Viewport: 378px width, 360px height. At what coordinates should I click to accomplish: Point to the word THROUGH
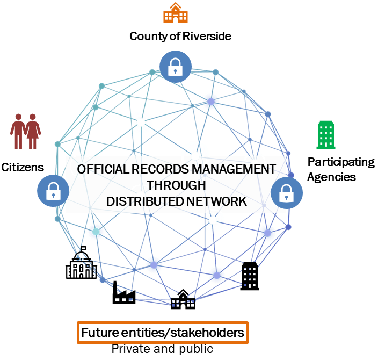[176, 185]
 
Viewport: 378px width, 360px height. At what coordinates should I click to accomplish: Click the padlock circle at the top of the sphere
[175, 67]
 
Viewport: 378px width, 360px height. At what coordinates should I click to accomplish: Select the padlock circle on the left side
[53, 191]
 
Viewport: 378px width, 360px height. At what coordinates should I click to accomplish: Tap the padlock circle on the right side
[286, 192]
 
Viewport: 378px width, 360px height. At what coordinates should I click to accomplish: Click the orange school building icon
[176, 13]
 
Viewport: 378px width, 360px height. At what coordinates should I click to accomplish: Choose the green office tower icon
[326, 134]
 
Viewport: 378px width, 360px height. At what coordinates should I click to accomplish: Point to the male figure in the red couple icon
[18, 132]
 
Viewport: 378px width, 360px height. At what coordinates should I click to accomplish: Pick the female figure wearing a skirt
[33, 132]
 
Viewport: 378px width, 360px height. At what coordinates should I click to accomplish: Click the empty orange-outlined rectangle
[163, 333]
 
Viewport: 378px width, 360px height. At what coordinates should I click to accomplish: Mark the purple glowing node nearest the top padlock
[210, 100]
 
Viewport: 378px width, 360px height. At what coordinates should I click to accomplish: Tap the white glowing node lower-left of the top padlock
[141, 123]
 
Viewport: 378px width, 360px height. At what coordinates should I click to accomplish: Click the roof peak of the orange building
[176, 4]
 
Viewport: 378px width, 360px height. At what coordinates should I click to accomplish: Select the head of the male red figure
[18, 117]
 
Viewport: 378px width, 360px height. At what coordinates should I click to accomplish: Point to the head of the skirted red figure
[33, 117]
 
